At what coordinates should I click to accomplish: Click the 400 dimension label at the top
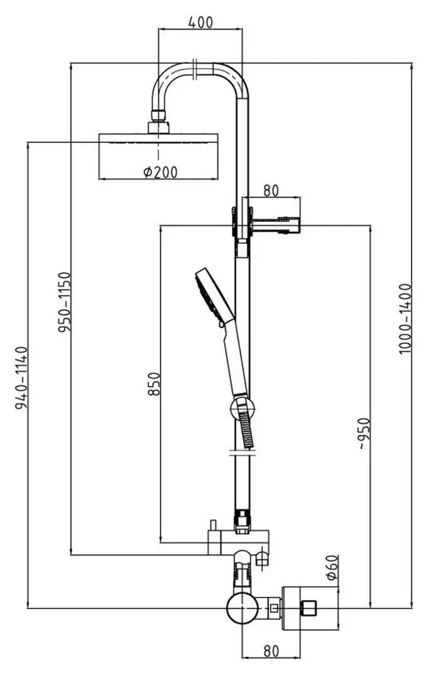coord(200,22)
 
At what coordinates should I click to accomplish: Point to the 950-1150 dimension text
coord(65,302)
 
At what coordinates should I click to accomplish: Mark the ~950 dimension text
coord(365,437)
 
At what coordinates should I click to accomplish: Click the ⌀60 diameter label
coord(331,567)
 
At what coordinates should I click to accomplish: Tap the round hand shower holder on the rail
coord(242,410)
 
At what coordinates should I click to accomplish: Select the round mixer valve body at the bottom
coord(242,609)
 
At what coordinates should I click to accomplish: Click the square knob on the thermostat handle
coord(309,607)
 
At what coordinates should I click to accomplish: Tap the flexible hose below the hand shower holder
coord(247,433)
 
